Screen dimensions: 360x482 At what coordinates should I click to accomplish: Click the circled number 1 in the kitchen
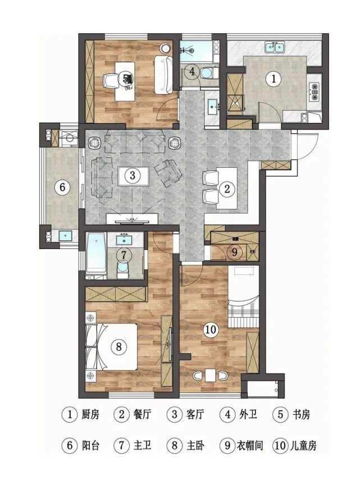pyautogui.click(x=274, y=79)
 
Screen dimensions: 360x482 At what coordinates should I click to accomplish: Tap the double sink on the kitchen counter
pyautogui.click(x=275, y=47)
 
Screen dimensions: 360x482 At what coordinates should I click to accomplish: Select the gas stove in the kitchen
pyautogui.click(x=315, y=91)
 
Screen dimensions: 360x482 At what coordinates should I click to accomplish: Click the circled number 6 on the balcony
pyautogui.click(x=62, y=187)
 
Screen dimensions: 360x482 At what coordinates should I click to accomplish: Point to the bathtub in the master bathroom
pyautogui.click(x=97, y=253)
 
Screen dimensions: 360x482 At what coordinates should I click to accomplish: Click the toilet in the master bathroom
pyautogui.click(x=124, y=269)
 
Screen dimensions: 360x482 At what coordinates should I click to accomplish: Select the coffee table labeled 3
pyautogui.click(x=133, y=176)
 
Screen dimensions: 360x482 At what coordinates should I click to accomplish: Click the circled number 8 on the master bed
pyautogui.click(x=119, y=347)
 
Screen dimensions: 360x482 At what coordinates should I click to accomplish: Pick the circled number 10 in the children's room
pyautogui.click(x=211, y=330)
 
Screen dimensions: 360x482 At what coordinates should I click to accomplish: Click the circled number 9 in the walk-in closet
pyautogui.click(x=234, y=252)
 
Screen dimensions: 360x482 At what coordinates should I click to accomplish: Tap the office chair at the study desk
pyautogui.click(x=111, y=81)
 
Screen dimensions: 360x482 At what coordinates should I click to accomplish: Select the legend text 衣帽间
pyautogui.click(x=250, y=445)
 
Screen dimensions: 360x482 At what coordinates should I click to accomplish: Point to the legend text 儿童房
pyautogui.click(x=303, y=445)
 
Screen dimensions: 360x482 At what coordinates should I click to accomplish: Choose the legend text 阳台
pyautogui.click(x=90, y=445)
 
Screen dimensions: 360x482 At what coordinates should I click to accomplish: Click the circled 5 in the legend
pyautogui.click(x=280, y=414)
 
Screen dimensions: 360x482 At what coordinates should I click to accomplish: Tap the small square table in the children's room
pyautogui.click(x=211, y=375)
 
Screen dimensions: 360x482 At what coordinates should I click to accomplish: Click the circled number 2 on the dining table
pyautogui.click(x=227, y=189)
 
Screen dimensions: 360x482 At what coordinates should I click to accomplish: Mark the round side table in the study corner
pyautogui.click(x=166, y=48)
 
